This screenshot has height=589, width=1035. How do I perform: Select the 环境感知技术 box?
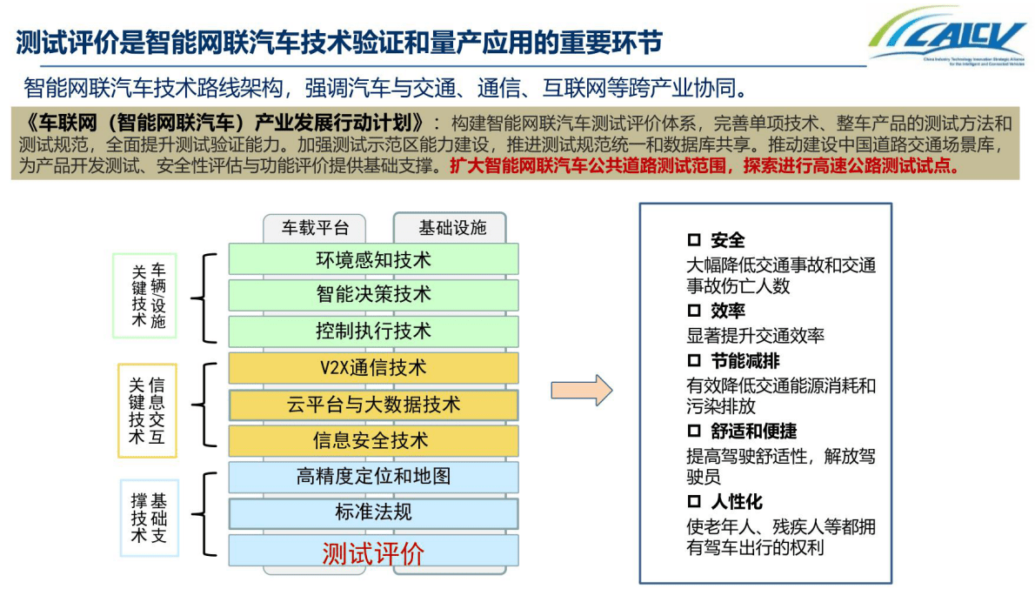[373, 259]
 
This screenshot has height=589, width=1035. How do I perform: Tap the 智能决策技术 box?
[373, 295]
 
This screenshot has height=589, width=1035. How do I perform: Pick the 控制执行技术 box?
[373, 331]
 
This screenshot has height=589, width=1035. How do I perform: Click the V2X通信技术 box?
[373, 368]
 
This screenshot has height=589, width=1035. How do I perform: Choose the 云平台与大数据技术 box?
[373, 405]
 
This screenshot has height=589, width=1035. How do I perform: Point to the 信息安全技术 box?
[373, 441]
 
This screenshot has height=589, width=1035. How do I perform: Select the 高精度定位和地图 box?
[373, 477]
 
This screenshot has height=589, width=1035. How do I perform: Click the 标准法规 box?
[373, 513]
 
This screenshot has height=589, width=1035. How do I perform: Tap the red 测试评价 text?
[373, 552]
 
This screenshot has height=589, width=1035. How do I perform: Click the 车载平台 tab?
[314, 228]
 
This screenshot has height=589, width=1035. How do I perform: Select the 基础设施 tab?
[451, 228]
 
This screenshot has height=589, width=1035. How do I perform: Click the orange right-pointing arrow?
[582, 390]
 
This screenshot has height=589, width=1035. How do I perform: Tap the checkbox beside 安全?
[694, 240]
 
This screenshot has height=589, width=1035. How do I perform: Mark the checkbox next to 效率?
[694, 311]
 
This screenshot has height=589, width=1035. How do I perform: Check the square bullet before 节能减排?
[694, 360]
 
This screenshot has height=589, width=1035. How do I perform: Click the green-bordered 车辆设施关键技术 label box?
[144, 296]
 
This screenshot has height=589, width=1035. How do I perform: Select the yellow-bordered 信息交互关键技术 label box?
[147, 411]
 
